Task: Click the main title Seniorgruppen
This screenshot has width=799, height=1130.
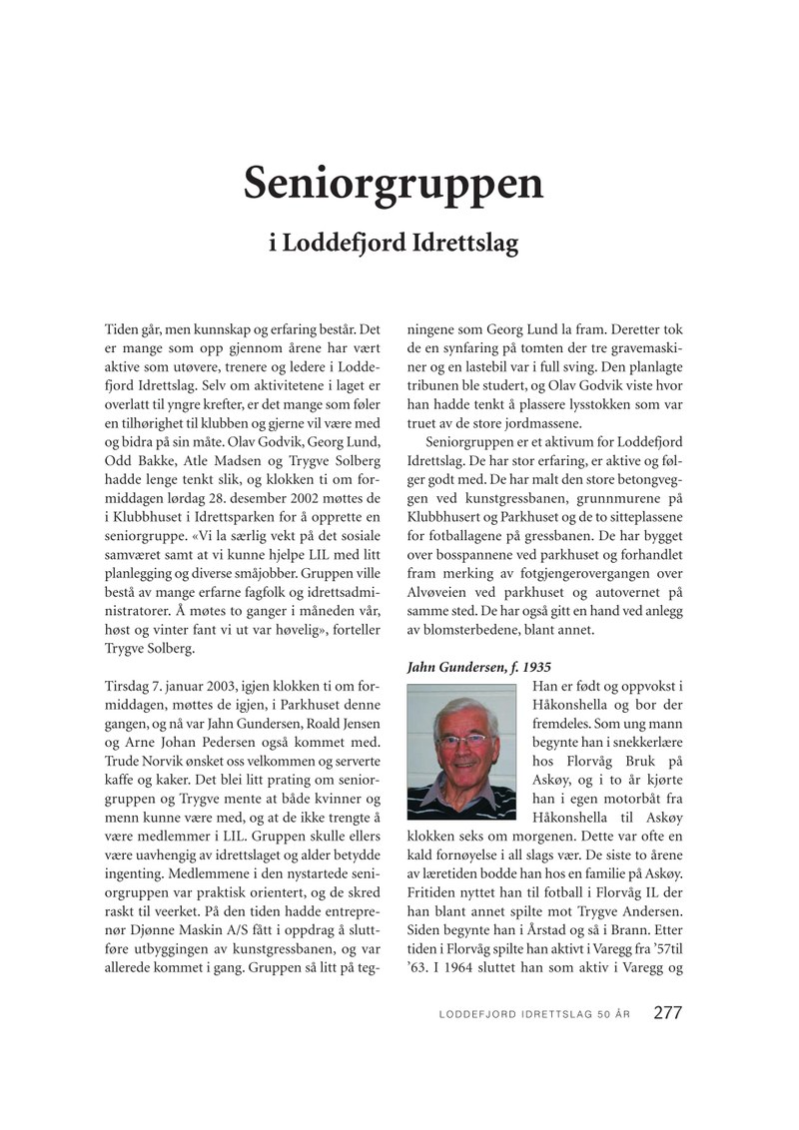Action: [394, 183]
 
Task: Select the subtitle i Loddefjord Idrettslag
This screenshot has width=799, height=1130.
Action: [394, 244]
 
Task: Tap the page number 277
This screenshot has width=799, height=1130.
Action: [667, 1012]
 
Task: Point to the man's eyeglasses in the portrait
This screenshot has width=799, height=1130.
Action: [460, 740]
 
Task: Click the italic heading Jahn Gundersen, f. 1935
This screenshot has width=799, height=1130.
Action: [479, 666]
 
